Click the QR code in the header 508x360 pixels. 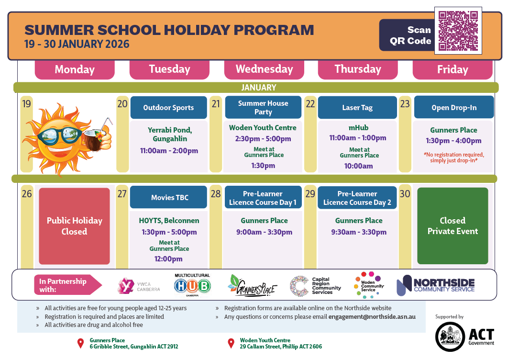[458, 30]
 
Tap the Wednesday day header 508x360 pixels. [264, 69]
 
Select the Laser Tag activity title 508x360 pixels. [357, 108]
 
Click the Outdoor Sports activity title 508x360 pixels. [168, 108]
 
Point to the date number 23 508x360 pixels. [405, 103]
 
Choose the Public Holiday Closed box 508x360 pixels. [74, 226]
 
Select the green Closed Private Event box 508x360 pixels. [453, 226]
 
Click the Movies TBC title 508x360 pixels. [168, 197]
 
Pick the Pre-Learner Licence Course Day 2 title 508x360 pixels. [357, 198]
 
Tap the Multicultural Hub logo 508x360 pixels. [192, 285]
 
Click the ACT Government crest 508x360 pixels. [450, 337]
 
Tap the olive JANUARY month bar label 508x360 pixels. [258, 88]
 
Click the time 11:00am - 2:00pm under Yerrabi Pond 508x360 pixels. [169, 151]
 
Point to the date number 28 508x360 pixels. [216, 194]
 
